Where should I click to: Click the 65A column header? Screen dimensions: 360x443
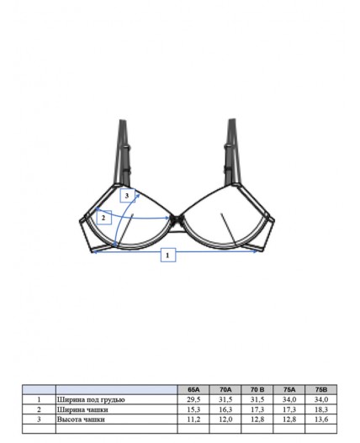193,389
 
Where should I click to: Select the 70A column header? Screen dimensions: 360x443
225,389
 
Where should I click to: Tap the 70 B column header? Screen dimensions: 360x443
257,389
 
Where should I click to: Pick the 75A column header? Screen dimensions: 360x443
289,389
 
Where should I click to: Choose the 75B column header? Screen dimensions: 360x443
321,389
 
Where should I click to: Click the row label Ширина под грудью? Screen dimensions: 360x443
91,400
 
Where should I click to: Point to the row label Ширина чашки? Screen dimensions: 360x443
82,409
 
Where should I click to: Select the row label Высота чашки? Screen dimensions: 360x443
81,419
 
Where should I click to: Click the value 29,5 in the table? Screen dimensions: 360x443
193,399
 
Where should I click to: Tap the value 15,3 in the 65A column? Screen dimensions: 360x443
193,409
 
